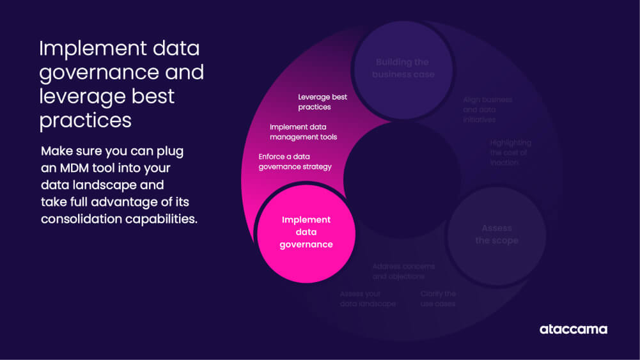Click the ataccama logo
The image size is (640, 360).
coord(573,329)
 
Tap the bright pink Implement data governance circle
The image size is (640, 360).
coord(306,232)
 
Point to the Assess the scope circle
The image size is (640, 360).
coord(496,235)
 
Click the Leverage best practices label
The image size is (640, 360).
coord(322,102)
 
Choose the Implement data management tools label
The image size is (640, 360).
coord(303,132)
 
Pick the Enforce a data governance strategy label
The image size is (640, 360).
coord(295,161)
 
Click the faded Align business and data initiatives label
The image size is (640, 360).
coord(487,109)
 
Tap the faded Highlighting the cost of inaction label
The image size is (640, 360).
coord(510,152)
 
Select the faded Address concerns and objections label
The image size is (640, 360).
coord(403,271)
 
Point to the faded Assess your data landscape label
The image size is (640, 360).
coord(368,299)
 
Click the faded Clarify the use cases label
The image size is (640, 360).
coord(438,299)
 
